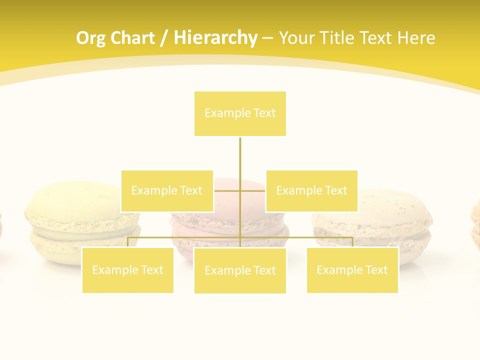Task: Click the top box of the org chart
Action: pyautogui.click(x=240, y=113)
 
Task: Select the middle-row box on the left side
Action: pyautogui.click(x=167, y=190)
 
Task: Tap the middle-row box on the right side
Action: pyautogui.click(x=311, y=190)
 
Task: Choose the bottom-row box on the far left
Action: pyautogui.click(x=127, y=270)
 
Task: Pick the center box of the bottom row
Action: pyautogui.click(x=240, y=270)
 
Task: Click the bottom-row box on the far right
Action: pyautogui.click(x=352, y=270)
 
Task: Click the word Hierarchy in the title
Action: pyautogui.click(x=215, y=38)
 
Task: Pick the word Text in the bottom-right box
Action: pyautogui.click(x=376, y=270)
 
